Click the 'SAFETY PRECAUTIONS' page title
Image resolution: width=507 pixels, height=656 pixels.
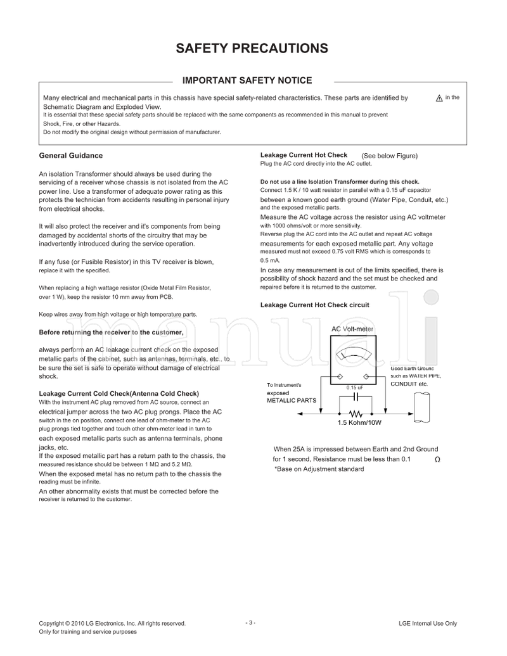pyautogui.click(x=252, y=49)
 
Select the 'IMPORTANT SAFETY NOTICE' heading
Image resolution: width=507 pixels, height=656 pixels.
pyautogui.click(x=247, y=80)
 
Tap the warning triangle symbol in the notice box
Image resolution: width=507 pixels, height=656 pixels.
pyautogui.click(x=439, y=99)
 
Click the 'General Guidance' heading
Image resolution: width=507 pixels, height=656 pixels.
pyautogui.click(x=71, y=156)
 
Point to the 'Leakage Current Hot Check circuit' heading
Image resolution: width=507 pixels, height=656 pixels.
pyautogui.click(x=315, y=305)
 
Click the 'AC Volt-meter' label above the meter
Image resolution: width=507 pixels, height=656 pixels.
pyautogui.click(x=353, y=329)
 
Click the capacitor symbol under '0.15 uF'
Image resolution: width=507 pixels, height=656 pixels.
pyautogui.click(x=356, y=397)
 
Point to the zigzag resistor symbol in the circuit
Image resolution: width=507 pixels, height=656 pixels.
pyautogui.click(x=354, y=414)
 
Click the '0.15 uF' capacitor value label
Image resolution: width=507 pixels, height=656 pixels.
pyautogui.click(x=355, y=388)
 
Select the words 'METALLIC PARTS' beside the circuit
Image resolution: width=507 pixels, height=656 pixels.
pyautogui.click(x=289, y=401)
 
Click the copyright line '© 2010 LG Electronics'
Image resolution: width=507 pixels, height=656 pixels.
pyautogui.click(x=112, y=624)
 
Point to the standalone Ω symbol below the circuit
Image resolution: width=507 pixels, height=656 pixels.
pyautogui.click(x=437, y=460)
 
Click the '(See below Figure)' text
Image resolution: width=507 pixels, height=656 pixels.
pyautogui.click(x=389, y=156)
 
